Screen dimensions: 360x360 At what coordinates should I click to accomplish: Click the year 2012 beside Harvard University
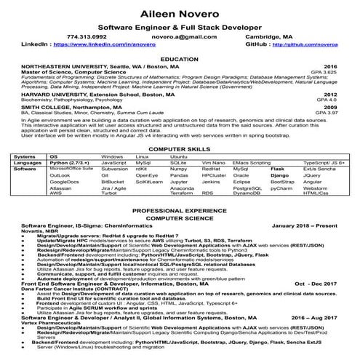coord(330,95)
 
